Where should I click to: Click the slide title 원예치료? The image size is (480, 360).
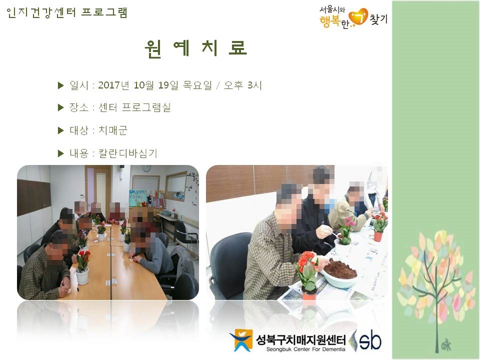tap(196, 48)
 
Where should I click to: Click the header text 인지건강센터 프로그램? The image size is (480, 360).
tap(66, 12)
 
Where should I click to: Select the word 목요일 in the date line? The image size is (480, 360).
tap(197, 85)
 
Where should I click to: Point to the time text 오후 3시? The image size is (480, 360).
tap(243, 85)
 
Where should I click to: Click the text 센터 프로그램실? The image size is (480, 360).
tap(134, 107)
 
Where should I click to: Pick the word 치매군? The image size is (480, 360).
tap(112, 130)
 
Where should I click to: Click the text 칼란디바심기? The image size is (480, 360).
tap(127, 153)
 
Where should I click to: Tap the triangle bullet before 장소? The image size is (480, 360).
tap(60, 107)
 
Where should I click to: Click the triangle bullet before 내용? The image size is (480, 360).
tap(60, 153)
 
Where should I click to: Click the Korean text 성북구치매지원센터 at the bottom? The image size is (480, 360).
tap(300, 340)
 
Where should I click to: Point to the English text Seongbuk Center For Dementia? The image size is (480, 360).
tap(305, 349)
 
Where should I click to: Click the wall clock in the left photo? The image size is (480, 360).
tap(146, 168)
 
